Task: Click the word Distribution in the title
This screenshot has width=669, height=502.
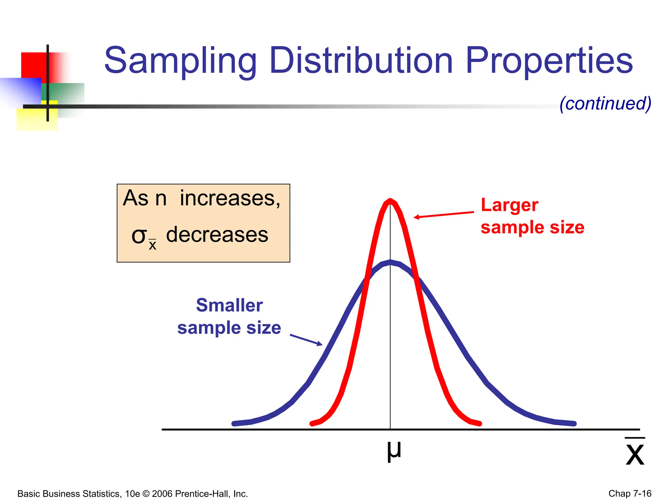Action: pos(361,60)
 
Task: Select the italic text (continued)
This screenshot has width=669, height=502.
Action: pos(605,104)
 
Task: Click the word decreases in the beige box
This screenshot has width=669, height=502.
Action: pos(217,235)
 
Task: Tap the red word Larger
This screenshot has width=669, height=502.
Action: pos(510,206)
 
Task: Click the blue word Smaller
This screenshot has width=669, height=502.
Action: pos(229,306)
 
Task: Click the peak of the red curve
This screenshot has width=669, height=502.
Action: pos(390,200)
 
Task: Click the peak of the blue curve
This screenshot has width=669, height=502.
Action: pos(390,262)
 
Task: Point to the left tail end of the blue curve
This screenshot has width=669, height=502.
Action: pos(234,424)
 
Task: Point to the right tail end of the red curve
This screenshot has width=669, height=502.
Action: pos(480,424)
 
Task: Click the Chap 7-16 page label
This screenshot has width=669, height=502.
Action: pos(629,493)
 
